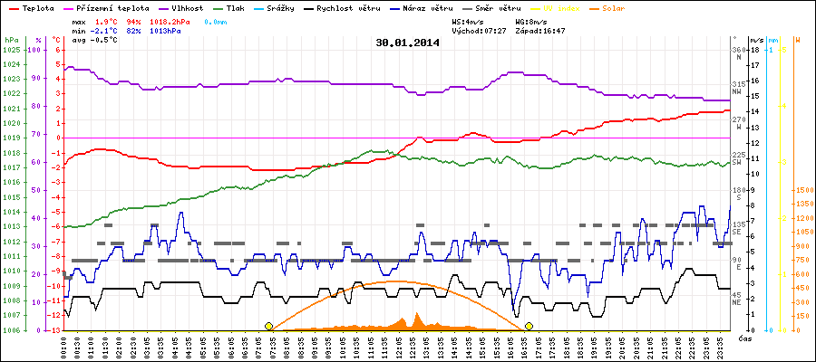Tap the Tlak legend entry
click(233, 7)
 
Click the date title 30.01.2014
click(407, 43)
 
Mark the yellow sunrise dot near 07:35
click(268, 326)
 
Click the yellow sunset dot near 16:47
click(529, 326)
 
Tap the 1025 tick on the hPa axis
click(11, 50)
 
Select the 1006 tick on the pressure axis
click(11, 330)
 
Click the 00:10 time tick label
click(64, 346)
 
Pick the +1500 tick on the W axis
click(802, 190)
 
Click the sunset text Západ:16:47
click(540, 30)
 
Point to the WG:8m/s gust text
click(530, 20)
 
